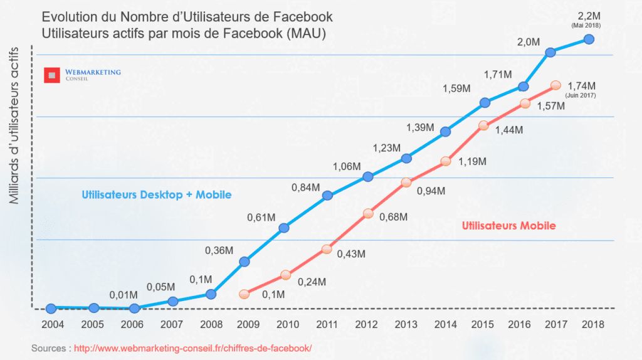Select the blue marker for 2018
[589, 39]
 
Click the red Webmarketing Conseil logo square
[51, 75]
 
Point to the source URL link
[192, 347]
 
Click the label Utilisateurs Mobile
[508, 226]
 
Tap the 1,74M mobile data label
[581, 85]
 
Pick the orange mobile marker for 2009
[245, 294]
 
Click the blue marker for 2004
[51, 308]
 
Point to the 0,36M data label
[219, 250]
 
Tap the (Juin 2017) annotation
[581, 95]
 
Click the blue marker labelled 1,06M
[368, 177]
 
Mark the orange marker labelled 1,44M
[483, 125]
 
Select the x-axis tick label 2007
[172, 325]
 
